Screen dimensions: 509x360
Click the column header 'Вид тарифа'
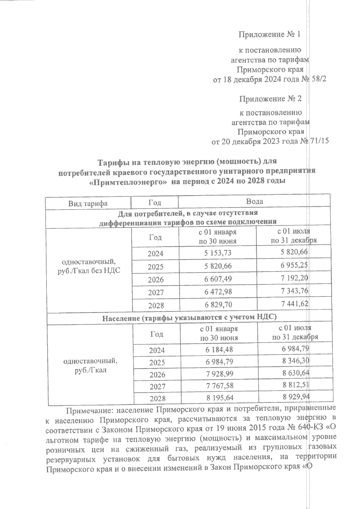point(88,204)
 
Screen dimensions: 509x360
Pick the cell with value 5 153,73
point(218,253)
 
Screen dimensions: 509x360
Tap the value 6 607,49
point(218,279)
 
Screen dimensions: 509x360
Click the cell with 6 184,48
point(219,350)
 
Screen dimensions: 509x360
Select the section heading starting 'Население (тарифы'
point(189,317)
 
